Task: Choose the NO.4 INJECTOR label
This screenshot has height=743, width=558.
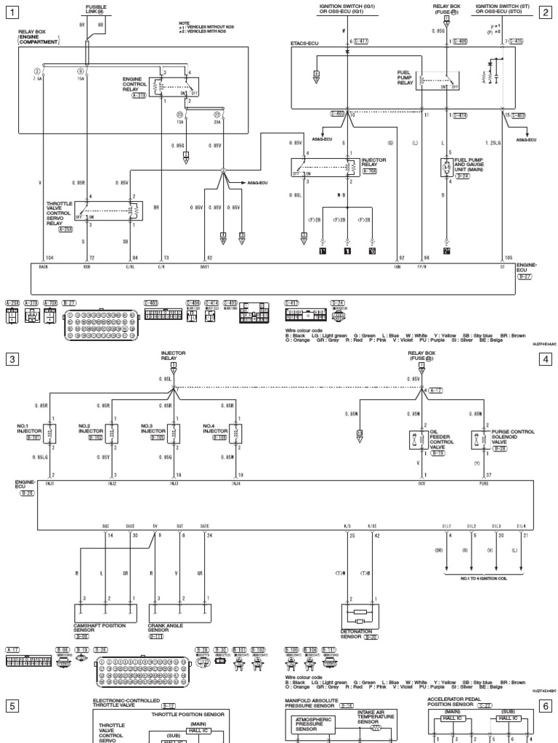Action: click(x=213, y=427)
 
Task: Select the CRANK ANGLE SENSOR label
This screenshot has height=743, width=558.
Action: click(x=163, y=628)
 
